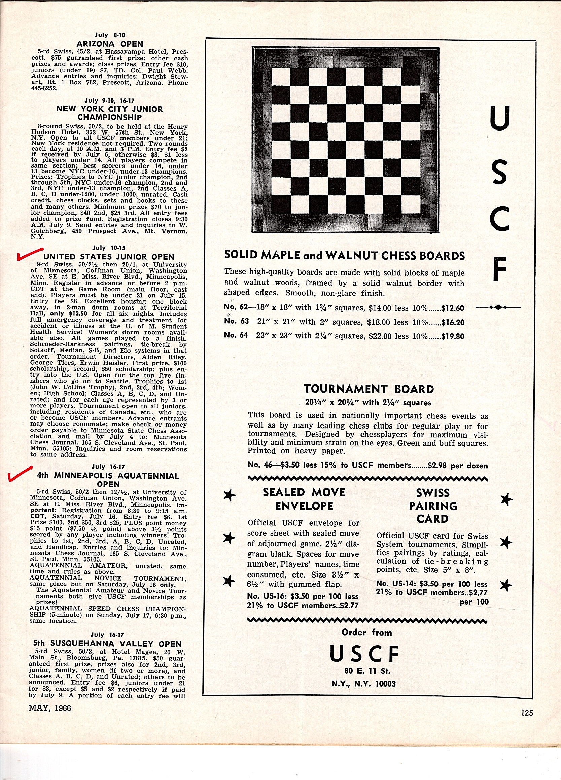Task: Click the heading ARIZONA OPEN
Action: click(110, 44)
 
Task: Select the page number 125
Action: click(527, 713)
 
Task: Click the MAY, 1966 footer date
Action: click(50, 708)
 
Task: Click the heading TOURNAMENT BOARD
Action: click(369, 389)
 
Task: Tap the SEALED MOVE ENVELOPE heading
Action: click(304, 499)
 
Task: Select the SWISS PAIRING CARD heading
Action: click(433, 506)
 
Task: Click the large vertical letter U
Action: click(499, 118)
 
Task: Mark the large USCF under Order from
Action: click(364, 654)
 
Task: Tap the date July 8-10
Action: click(110, 35)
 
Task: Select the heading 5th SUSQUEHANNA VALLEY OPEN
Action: click(107, 644)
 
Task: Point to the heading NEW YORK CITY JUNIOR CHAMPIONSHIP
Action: click(109, 113)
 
